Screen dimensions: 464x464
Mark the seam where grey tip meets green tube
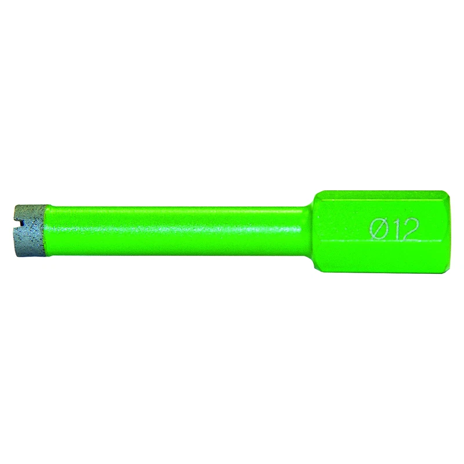48,231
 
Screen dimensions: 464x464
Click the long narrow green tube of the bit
177,231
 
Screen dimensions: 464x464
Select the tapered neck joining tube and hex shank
309,231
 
